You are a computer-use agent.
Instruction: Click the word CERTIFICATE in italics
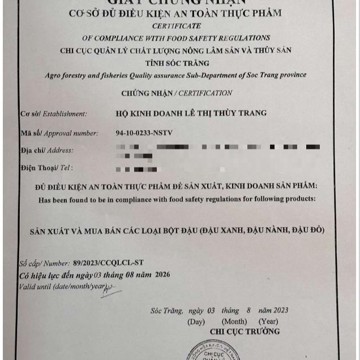(176, 26)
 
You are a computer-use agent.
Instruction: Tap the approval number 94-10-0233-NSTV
(144, 133)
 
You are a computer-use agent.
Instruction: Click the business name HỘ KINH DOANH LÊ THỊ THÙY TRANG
(190, 113)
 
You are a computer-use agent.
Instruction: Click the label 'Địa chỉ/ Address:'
(47, 151)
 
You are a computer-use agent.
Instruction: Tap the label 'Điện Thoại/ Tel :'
(48, 168)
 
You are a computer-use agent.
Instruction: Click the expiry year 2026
(161, 275)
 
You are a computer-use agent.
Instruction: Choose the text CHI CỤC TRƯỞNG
(245, 331)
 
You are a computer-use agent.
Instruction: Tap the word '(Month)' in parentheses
(233, 321)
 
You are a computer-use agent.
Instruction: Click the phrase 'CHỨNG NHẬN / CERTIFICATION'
(177, 93)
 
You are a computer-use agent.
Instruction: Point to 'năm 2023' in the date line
(273, 310)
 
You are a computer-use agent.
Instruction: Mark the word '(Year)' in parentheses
(268, 321)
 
